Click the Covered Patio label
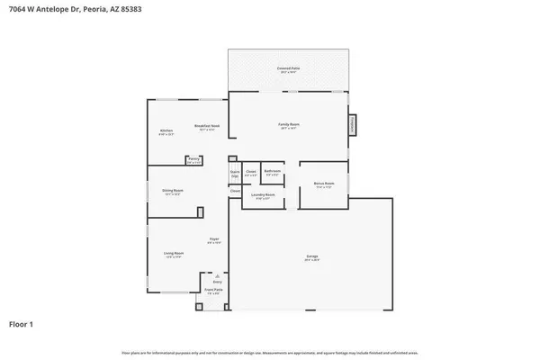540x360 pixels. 288,68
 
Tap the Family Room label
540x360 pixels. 288,127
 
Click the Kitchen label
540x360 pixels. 166,132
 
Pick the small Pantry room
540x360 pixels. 193,162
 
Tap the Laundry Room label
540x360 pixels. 263,196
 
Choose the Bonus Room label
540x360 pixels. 324,184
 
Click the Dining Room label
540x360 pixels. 172,192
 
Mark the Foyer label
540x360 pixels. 214,241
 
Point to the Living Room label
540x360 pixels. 174,256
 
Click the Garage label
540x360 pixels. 312,258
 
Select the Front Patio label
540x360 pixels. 213,291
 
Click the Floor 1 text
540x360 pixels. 23,323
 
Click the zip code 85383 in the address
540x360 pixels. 130,8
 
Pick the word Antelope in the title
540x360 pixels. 54,8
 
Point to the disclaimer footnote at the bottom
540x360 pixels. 270,352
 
